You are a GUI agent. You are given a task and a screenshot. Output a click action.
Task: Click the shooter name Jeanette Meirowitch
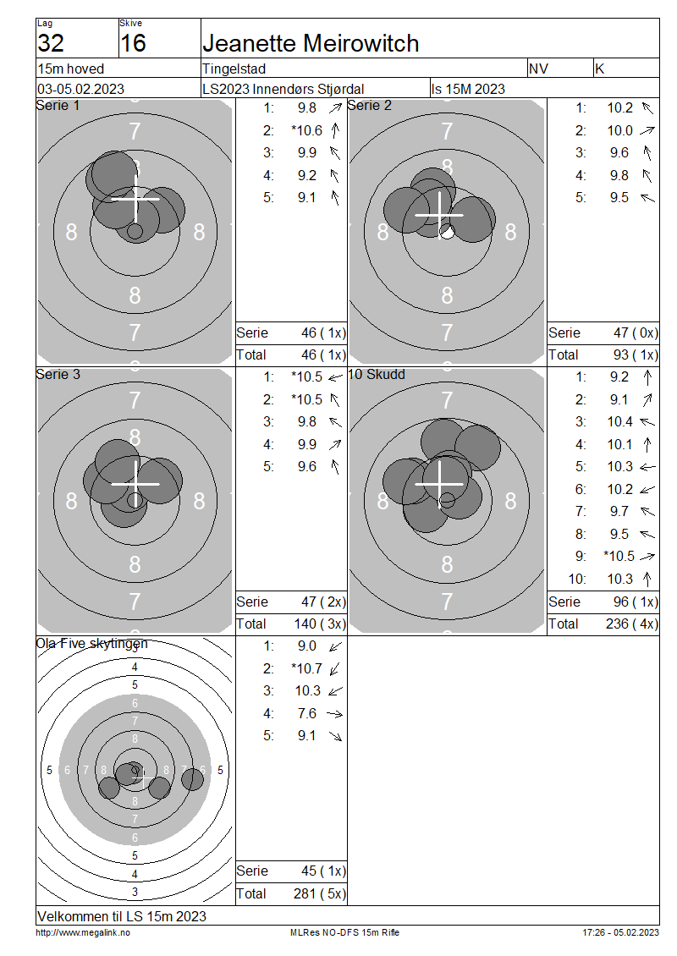click(311, 43)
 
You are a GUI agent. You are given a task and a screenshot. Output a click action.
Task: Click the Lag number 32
click(51, 43)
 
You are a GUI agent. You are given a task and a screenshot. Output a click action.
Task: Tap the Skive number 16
click(133, 43)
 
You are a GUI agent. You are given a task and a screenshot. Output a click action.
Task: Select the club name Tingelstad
click(234, 69)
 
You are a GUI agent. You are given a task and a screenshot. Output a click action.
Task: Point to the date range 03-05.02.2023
click(80, 89)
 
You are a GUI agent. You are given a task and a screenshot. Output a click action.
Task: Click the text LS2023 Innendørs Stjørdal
click(283, 89)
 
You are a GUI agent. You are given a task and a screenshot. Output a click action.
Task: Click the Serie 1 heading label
click(58, 106)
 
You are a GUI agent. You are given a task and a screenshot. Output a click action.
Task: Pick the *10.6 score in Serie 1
click(307, 130)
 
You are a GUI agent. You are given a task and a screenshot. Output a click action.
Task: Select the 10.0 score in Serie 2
click(619, 130)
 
